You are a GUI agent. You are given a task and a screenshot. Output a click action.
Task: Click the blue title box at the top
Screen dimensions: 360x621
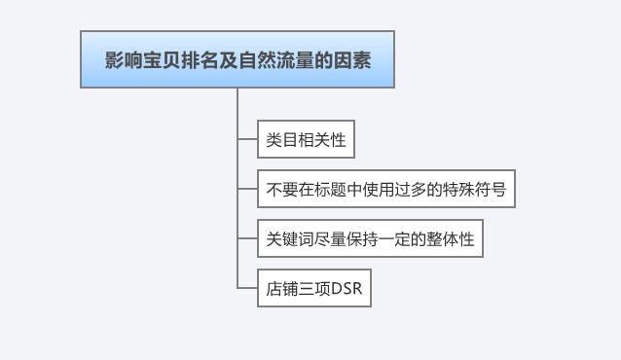(237, 59)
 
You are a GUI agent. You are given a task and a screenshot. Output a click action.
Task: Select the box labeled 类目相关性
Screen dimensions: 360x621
(306, 140)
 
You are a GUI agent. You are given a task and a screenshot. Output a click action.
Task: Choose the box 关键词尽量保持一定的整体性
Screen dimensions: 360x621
(370, 238)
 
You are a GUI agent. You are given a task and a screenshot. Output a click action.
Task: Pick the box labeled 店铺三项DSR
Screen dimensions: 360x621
(313, 289)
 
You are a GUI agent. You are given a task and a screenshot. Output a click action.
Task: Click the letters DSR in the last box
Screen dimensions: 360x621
(347, 289)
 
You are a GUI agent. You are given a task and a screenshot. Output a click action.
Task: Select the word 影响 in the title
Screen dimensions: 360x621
(119, 59)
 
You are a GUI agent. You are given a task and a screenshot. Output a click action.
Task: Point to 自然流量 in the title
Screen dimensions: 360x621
(277, 59)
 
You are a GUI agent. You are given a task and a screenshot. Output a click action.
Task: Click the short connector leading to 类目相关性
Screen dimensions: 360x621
(247, 140)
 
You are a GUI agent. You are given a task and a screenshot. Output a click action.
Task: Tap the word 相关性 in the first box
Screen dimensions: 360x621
(319, 140)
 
